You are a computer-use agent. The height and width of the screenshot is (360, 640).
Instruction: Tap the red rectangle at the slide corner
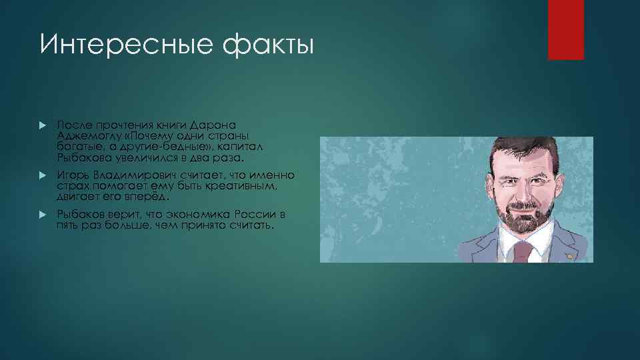pos(565,29)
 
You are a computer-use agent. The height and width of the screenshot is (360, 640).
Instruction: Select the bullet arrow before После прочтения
pos(42,125)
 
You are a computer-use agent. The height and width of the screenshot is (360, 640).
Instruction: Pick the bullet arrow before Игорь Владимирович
pos(42,175)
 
